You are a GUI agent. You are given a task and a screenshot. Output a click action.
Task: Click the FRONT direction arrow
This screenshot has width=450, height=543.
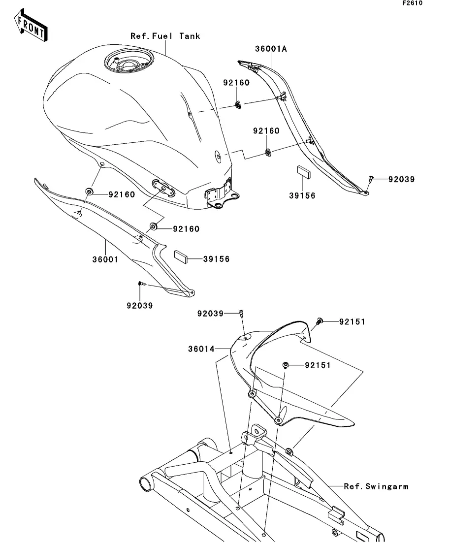pos(31,26)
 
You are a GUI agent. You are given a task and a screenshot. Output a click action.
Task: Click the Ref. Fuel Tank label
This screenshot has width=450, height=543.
pos(165,36)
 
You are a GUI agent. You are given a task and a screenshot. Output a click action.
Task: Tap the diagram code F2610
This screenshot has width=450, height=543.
pos(412,3)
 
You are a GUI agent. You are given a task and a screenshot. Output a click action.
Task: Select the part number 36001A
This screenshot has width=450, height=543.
pos(271,49)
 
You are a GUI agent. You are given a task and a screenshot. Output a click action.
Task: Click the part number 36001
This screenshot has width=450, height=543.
pos(105,259)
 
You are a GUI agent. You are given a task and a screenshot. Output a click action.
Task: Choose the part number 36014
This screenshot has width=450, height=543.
pos(201,349)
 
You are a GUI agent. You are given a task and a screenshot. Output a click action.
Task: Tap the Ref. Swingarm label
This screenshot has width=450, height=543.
pos(376,486)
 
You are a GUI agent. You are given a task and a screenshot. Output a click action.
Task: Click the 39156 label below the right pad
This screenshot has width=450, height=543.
pos(302,195)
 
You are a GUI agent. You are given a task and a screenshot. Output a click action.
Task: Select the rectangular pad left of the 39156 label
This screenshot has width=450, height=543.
pos(181,257)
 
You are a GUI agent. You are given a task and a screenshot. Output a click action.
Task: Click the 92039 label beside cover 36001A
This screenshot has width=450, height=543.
pos(401,179)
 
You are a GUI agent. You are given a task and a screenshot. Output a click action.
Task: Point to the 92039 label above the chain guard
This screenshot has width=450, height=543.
pos(210,314)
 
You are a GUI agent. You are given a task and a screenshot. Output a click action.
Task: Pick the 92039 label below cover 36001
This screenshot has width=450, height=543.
pos(140,306)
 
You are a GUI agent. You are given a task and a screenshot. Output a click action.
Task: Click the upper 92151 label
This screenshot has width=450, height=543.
pos(352,322)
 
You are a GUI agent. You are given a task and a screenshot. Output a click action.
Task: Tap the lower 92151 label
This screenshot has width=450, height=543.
pos(318,366)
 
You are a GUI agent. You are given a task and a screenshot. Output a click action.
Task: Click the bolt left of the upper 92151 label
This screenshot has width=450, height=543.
pos(319,321)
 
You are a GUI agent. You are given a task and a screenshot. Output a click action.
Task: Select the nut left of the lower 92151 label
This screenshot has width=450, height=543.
pos(286,365)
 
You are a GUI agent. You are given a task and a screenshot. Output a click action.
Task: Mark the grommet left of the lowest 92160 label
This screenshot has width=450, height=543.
pos(153,227)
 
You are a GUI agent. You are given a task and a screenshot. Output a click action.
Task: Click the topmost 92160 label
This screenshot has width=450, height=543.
pos(236,83)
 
